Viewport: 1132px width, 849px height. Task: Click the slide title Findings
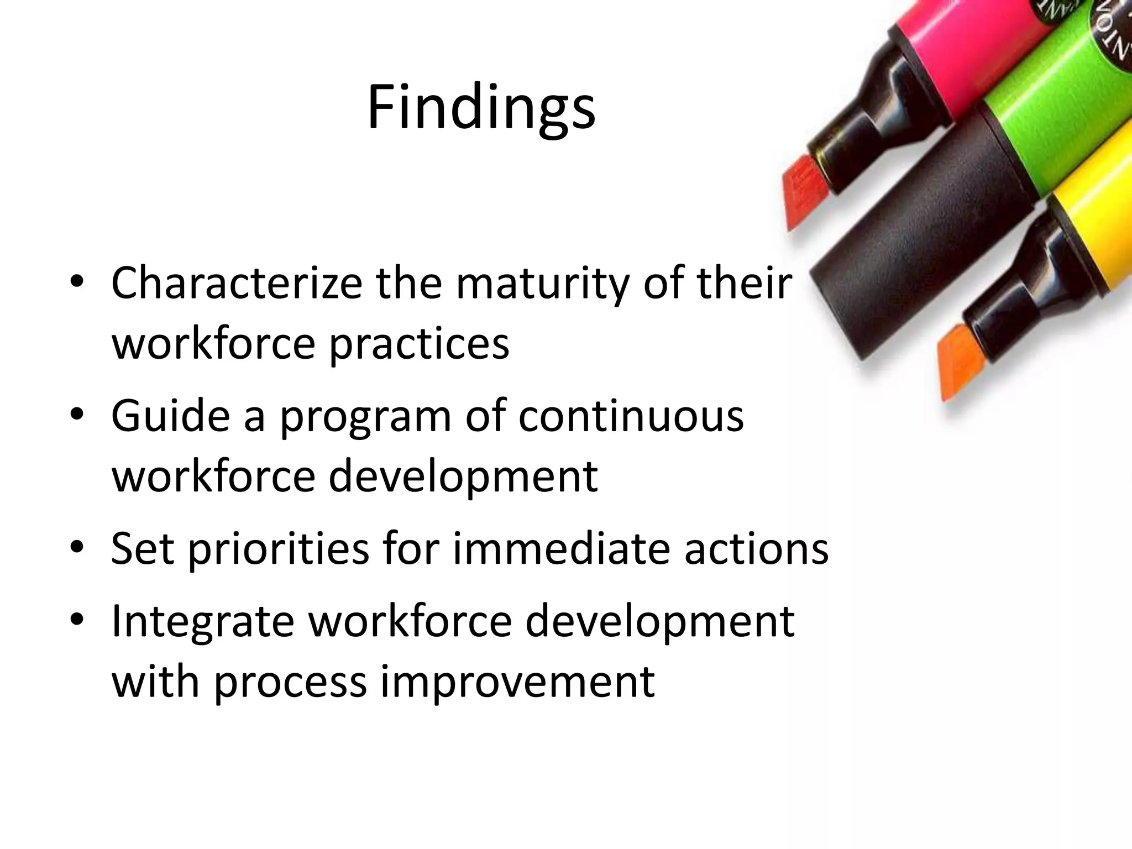481,108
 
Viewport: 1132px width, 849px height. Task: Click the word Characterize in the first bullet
237,283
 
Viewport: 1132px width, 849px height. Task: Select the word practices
419,344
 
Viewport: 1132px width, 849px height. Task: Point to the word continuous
631,416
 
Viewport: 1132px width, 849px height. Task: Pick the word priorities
279,549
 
